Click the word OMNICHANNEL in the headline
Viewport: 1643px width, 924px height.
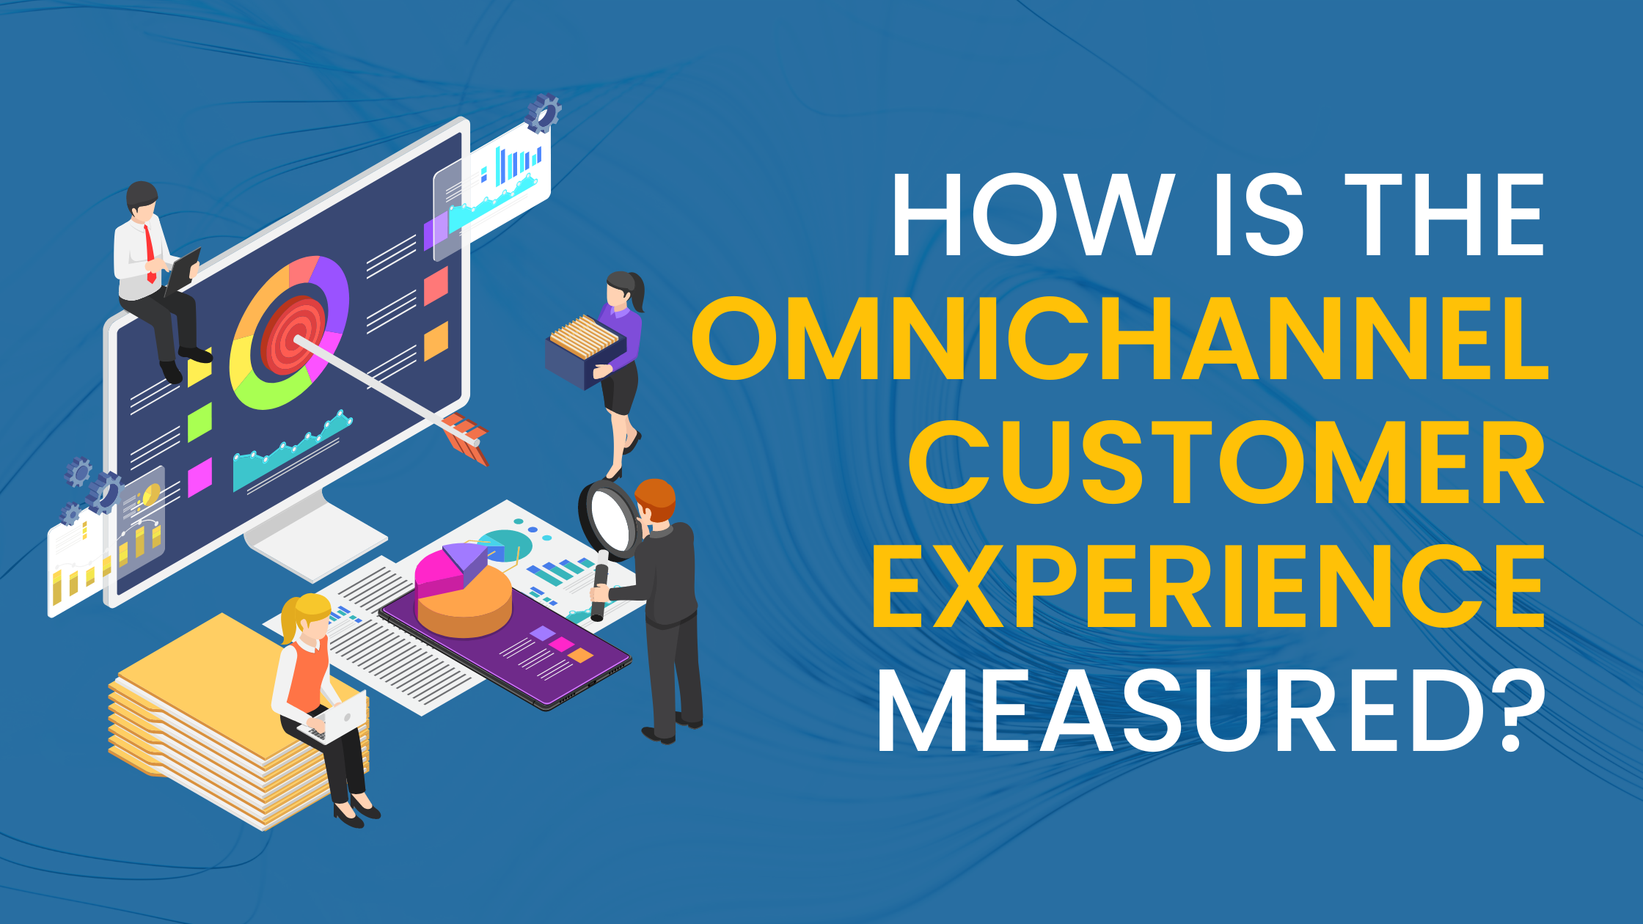click(1119, 339)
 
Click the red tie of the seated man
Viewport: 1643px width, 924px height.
click(150, 253)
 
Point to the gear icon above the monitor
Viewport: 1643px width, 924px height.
click(544, 113)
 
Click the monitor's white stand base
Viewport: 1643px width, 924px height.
click(315, 535)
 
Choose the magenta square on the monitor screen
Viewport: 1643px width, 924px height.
click(200, 477)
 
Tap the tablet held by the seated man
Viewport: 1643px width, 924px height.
click(182, 270)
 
